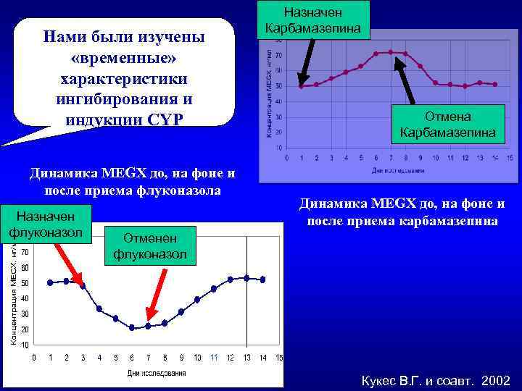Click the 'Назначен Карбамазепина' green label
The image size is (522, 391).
click(315, 20)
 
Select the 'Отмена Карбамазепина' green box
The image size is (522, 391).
click(447, 125)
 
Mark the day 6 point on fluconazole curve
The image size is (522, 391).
click(132, 328)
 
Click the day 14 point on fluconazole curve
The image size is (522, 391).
click(262, 279)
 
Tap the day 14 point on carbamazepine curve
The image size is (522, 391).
click(495, 84)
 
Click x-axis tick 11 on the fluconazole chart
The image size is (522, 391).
click(213, 358)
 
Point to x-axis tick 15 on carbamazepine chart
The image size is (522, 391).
click(510, 158)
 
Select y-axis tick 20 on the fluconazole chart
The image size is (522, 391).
click(25, 329)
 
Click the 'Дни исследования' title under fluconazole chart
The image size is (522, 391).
click(157, 373)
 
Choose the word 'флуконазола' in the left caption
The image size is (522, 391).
click(178, 190)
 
